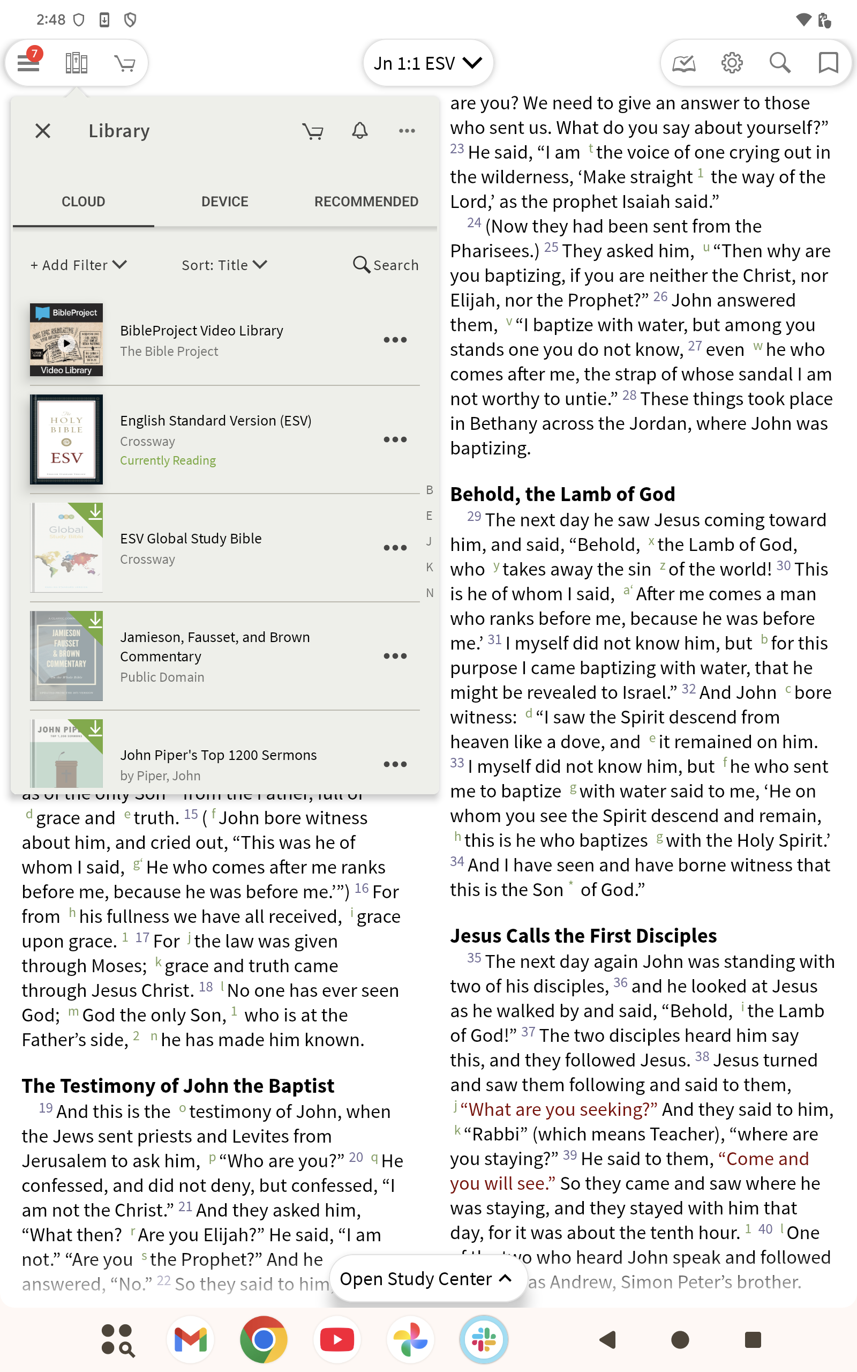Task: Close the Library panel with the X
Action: (x=42, y=131)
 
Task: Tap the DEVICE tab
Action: (x=224, y=202)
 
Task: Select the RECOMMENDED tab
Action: (x=366, y=202)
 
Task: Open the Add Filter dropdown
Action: (x=78, y=265)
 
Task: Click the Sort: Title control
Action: (x=224, y=265)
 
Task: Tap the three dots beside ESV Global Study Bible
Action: (x=395, y=548)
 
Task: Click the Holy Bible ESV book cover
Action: (x=66, y=439)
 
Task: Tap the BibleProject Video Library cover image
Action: (x=66, y=340)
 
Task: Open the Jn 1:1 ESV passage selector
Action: (x=427, y=63)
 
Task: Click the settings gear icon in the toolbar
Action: (x=732, y=63)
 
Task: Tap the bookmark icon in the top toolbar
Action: (x=828, y=63)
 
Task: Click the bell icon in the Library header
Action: (x=360, y=131)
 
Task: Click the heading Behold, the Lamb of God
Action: (x=562, y=494)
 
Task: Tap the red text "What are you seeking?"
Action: (x=559, y=1109)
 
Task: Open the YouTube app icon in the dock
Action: (x=337, y=1339)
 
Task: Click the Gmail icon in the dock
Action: (x=191, y=1339)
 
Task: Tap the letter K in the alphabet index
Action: (x=430, y=567)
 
